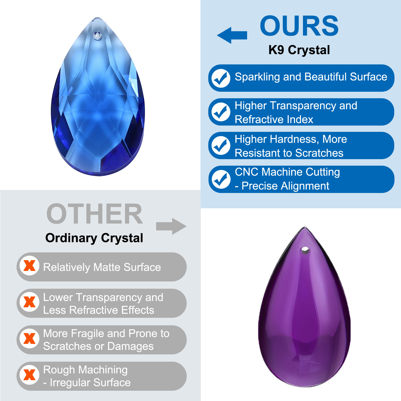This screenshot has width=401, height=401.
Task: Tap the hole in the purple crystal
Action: click(x=305, y=250)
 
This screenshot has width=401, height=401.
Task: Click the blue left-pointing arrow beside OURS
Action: click(x=232, y=35)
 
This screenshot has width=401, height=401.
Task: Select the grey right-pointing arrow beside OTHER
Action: click(x=171, y=226)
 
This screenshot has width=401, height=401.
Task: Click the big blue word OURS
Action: click(x=299, y=26)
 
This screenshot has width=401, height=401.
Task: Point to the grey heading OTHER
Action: click(x=95, y=214)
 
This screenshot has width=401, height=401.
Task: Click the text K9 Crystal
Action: click(x=299, y=50)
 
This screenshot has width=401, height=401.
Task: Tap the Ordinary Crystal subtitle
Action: click(x=94, y=238)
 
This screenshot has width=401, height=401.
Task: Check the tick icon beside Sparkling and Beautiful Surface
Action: click(x=221, y=78)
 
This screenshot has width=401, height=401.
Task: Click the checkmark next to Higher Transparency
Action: click(x=221, y=112)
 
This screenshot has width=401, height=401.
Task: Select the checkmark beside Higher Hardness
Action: click(x=221, y=146)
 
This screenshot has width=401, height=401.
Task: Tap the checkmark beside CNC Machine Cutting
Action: click(x=221, y=179)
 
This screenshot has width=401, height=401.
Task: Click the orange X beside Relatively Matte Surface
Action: click(x=30, y=266)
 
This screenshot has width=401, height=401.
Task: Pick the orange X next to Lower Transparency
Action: click(x=30, y=302)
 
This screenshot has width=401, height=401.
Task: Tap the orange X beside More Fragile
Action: click(x=30, y=339)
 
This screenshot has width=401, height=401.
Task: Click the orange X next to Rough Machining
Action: click(x=30, y=375)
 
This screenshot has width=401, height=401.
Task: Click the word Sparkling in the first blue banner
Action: click(x=257, y=77)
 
